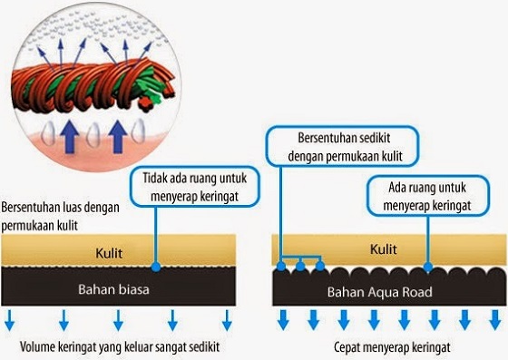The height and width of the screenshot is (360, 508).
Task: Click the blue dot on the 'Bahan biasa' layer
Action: coord(156,268)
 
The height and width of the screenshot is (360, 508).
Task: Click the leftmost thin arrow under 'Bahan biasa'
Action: coord(9,320)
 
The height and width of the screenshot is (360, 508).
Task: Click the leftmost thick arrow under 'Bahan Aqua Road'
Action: coord(284,319)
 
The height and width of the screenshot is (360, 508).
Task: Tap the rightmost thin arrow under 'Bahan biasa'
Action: coord(227,320)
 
